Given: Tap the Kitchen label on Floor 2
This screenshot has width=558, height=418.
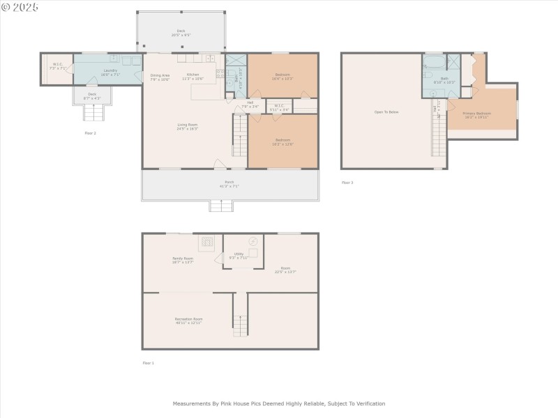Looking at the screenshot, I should point(193,75).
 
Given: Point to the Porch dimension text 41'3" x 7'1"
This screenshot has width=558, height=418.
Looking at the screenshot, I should point(229,187).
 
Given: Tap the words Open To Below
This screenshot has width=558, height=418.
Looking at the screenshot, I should point(386,111).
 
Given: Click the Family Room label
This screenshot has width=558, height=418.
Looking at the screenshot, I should point(183,258).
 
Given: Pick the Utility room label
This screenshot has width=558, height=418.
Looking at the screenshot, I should point(238,254).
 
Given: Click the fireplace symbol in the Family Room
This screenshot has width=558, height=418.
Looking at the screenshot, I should point(207,242).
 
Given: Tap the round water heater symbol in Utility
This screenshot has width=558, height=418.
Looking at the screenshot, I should point(253,242).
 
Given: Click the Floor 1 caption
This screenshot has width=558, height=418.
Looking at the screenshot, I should point(148,363).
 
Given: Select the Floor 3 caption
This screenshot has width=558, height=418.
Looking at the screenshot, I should point(347,183).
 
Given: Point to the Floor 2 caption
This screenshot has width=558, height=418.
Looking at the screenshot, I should point(90,132).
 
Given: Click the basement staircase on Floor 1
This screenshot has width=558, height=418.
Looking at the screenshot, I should point(240,325).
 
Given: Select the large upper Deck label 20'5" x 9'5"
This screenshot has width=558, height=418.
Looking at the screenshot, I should point(181,33).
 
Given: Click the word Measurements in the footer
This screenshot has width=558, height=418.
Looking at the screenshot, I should point(191,403).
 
